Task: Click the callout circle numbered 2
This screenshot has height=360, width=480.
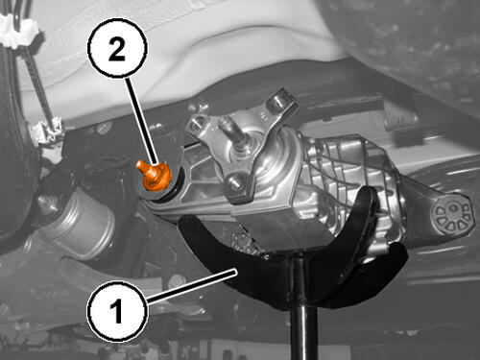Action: coord(117,48)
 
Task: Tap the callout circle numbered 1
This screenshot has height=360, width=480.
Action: coord(117,310)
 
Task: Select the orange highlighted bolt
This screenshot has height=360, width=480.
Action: coord(154,175)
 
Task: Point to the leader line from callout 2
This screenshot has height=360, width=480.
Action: coord(143,120)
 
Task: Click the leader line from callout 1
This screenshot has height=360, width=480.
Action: coord(191,286)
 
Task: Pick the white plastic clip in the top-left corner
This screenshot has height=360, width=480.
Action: coord(18,31)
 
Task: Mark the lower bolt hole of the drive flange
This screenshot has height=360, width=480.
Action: coord(235,182)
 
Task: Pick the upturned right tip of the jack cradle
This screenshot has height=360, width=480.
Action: coord(368,199)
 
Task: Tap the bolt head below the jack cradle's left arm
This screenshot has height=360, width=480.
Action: coord(177,281)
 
